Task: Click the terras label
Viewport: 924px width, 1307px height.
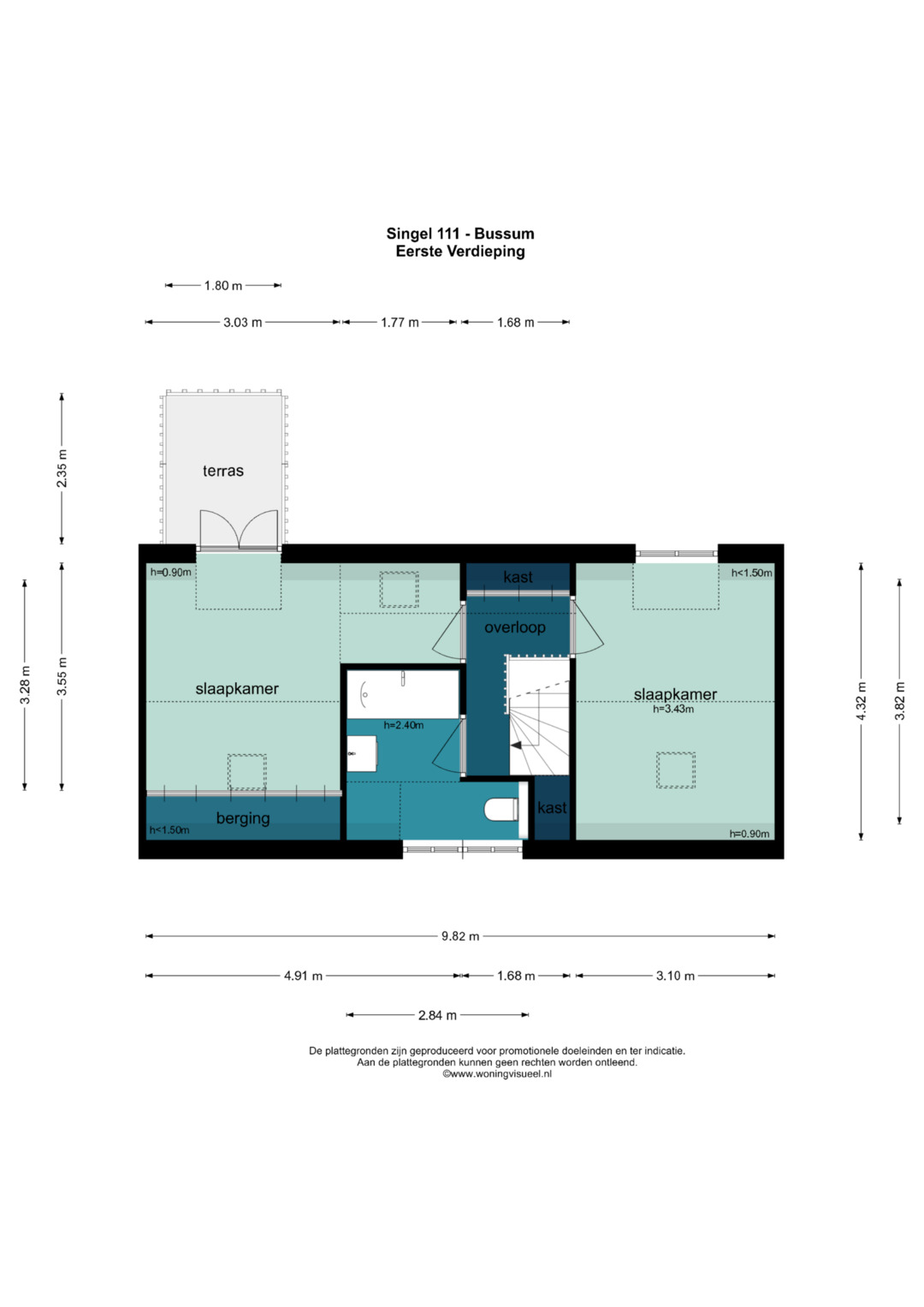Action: pyautogui.click(x=223, y=471)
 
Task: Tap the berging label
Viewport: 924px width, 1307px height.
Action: pyautogui.click(x=243, y=818)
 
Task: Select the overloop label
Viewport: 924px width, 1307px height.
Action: pyautogui.click(x=515, y=627)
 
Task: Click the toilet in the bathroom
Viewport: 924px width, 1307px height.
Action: pyautogui.click(x=500, y=809)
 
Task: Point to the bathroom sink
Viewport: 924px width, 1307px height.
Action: pyautogui.click(x=361, y=753)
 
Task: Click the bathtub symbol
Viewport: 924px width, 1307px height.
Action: pyautogui.click(x=402, y=694)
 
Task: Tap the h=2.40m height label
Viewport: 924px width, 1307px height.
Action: pyautogui.click(x=404, y=725)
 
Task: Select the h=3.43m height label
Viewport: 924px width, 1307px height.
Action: pyautogui.click(x=673, y=709)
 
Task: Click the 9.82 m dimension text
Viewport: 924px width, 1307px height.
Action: pyautogui.click(x=460, y=936)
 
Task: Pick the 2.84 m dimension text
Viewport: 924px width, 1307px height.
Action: pyautogui.click(x=437, y=1015)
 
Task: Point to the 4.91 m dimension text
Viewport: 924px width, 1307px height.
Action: pyautogui.click(x=303, y=976)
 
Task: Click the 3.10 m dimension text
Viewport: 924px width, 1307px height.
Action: pyautogui.click(x=675, y=976)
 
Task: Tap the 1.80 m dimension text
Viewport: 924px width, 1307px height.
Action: pyautogui.click(x=222, y=286)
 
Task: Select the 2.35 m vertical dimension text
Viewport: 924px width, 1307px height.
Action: pyautogui.click(x=62, y=468)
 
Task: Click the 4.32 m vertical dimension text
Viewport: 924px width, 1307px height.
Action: pyautogui.click(x=862, y=701)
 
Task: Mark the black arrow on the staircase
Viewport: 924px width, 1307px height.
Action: pyautogui.click(x=516, y=746)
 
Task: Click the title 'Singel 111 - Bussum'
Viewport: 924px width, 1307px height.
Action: pyautogui.click(x=460, y=234)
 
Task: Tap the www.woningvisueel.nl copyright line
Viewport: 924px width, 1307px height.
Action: pyautogui.click(x=497, y=1074)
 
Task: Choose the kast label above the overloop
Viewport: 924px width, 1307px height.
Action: pyautogui.click(x=518, y=577)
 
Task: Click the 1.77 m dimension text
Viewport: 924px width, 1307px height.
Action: pyautogui.click(x=400, y=323)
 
